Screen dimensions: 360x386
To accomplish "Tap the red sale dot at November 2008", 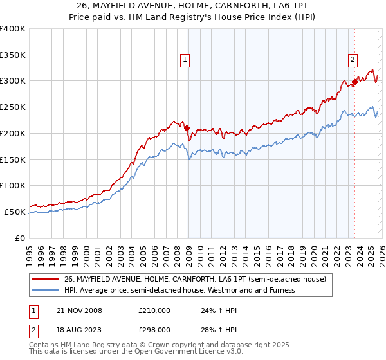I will (187, 127).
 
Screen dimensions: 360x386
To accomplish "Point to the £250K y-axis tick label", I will (13, 107).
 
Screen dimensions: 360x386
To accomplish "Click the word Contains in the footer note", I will (44, 345).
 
